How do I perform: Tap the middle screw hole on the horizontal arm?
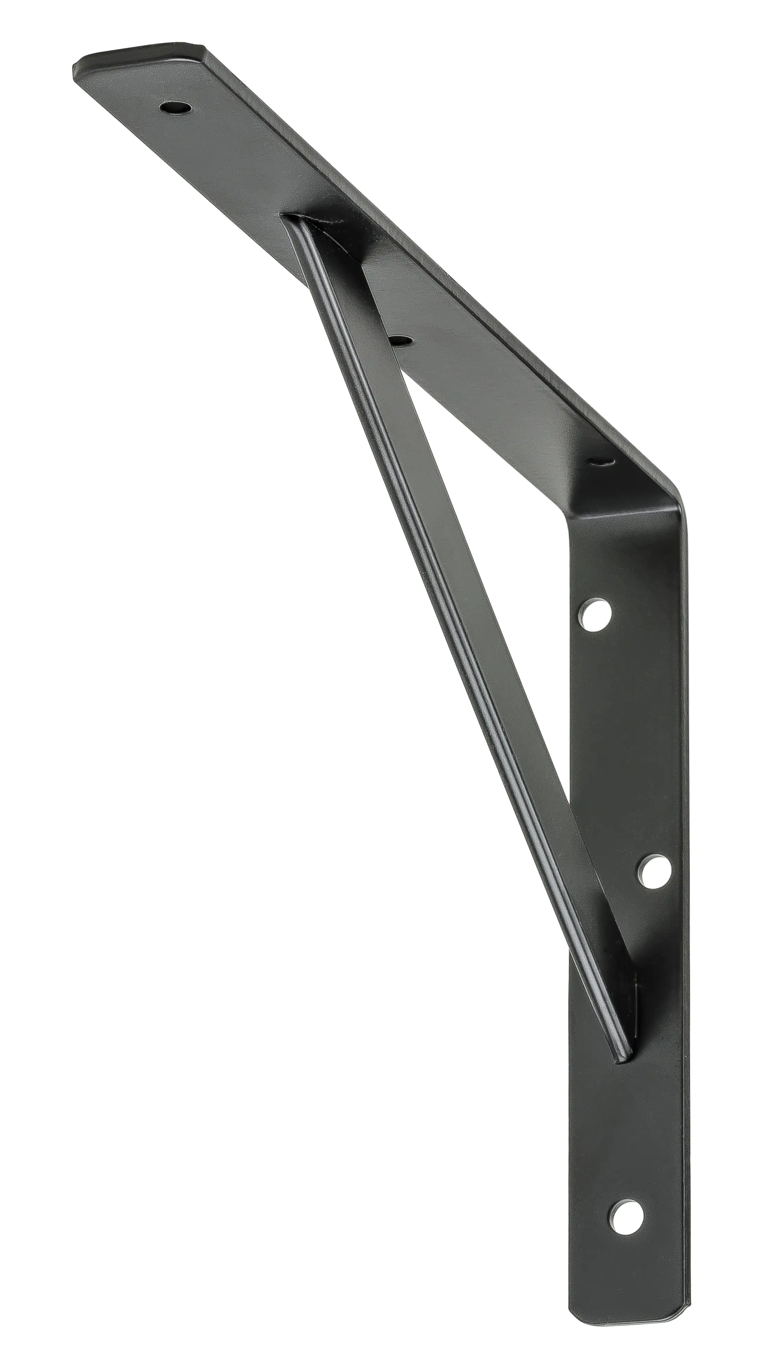[400, 340]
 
